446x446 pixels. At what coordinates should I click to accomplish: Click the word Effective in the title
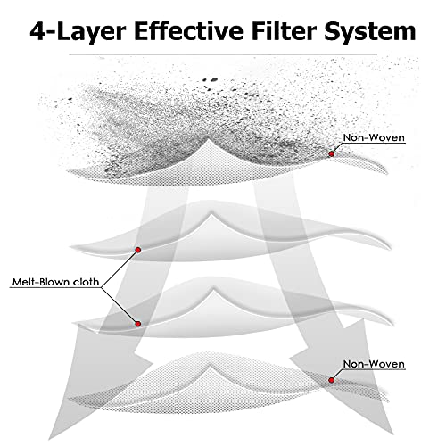click(188, 31)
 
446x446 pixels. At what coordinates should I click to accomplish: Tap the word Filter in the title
click(284, 31)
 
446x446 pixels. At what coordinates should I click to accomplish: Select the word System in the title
click(370, 32)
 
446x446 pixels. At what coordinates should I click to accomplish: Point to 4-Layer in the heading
click(78, 32)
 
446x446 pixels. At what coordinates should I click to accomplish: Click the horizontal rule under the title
click(223, 54)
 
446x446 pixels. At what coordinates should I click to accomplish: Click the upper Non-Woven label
click(374, 137)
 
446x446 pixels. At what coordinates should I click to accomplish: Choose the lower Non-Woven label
click(374, 364)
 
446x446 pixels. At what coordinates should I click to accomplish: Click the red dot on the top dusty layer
click(332, 154)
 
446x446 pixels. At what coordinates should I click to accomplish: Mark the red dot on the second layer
click(137, 250)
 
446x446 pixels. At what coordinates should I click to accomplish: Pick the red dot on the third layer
click(137, 324)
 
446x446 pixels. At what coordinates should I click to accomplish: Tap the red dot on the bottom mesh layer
click(332, 380)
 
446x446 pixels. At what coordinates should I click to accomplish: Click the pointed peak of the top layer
click(210, 139)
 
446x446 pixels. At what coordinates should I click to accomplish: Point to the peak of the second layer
click(211, 211)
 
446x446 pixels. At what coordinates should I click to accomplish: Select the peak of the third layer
click(212, 288)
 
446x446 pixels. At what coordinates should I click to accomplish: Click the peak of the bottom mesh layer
click(211, 365)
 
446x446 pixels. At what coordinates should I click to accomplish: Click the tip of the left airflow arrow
click(49, 440)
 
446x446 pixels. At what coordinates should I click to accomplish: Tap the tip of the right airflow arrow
click(392, 434)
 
